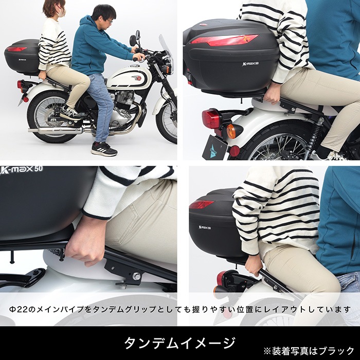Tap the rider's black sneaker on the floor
[x=103, y=149]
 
